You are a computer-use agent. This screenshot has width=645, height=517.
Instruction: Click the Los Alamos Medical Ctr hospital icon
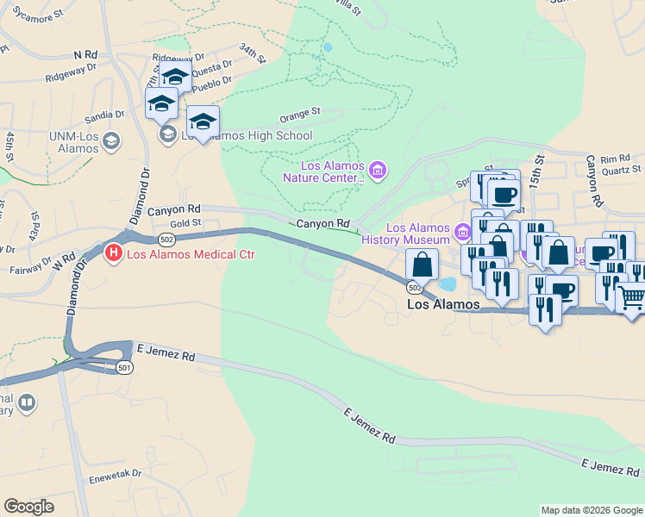pyautogui.click(x=112, y=253)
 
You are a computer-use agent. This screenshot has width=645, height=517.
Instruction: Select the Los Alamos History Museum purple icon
pyautogui.click(x=463, y=231)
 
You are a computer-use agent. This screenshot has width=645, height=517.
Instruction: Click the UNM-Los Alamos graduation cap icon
pyautogui.click(x=110, y=140)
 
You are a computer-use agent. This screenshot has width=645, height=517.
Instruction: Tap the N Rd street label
pyautogui.click(x=86, y=54)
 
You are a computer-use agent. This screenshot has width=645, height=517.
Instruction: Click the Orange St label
pyautogui.click(x=301, y=113)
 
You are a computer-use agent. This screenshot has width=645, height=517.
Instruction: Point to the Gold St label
pyautogui.click(x=185, y=222)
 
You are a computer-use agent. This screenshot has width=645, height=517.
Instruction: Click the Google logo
pyautogui.click(x=29, y=507)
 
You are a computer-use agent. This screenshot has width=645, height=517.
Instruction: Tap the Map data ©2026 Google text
pyautogui.click(x=591, y=510)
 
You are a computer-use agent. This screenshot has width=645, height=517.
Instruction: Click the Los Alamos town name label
pyautogui.click(x=443, y=304)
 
